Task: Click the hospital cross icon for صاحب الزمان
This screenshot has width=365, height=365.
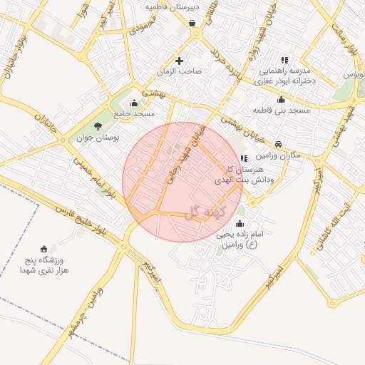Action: [x=179, y=61]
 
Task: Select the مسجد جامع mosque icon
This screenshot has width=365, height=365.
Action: [x=134, y=104]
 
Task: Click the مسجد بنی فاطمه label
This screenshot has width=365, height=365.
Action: [x=282, y=110]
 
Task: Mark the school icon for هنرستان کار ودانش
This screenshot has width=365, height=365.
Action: [x=244, y=158]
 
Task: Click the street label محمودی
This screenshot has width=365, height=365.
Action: [x=143, y=27]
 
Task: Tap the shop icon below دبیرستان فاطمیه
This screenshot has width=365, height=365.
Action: [x=192, y=23]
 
